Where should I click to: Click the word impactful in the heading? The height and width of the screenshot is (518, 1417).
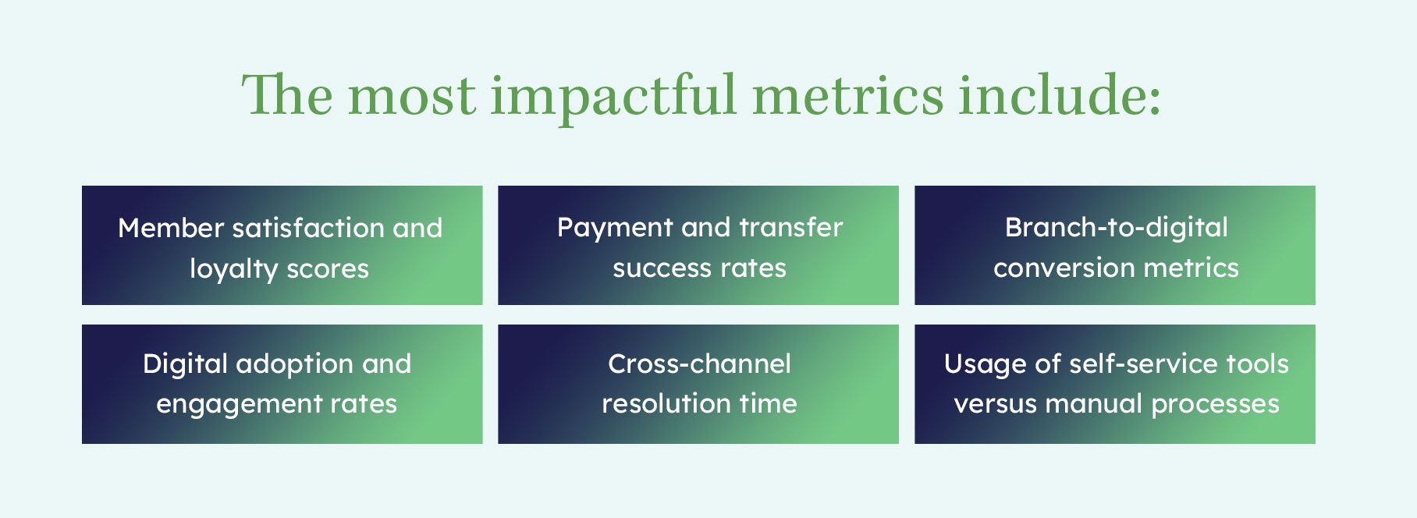click(613, 97)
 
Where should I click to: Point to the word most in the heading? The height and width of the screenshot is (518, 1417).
click(411, 97)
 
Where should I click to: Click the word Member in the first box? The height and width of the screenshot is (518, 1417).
click(171, 228)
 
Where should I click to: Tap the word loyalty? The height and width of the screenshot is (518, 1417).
click(234, 270)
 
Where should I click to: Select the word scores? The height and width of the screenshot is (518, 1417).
click(328, 270)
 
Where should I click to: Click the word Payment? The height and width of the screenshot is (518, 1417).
click(615, 229)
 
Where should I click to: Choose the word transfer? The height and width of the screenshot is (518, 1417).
click(791, 227)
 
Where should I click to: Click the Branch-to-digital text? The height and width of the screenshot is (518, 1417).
click(1117, 228)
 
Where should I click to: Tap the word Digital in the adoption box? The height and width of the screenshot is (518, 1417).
click(185, 364)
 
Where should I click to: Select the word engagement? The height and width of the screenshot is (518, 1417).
click(239, 405)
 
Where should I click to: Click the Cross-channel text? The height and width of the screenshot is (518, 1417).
click(699, 364)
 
